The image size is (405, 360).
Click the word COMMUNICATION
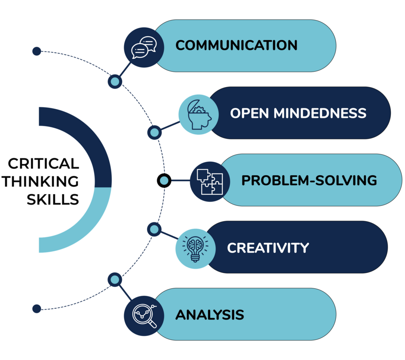coord(237,45)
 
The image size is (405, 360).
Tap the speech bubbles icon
coord(144,47)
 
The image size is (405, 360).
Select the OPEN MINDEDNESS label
coord(298,113)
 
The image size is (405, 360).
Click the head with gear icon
coord(199,114)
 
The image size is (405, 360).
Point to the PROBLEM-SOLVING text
coord(309,180)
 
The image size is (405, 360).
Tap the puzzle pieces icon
coord(210,182)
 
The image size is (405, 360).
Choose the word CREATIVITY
coord(268,248)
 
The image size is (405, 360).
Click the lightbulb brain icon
coord(195,248)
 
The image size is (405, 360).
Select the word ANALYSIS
coord(210,315)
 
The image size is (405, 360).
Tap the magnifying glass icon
coord(144,316)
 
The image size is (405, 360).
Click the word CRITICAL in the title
coord(44,164)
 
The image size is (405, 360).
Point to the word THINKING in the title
coord(40,182)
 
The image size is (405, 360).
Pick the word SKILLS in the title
coord(53,199)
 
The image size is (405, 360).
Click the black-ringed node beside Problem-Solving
coord(164,180)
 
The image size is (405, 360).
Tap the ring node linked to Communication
coord(115,81)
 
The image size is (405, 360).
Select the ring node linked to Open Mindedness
coord(155,133)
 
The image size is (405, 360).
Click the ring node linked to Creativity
coord(154,229)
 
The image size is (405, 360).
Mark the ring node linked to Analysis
coord(115,280)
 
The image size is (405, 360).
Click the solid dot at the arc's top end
coord(37,51)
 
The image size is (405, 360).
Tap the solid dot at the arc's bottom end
coord(37,309)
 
